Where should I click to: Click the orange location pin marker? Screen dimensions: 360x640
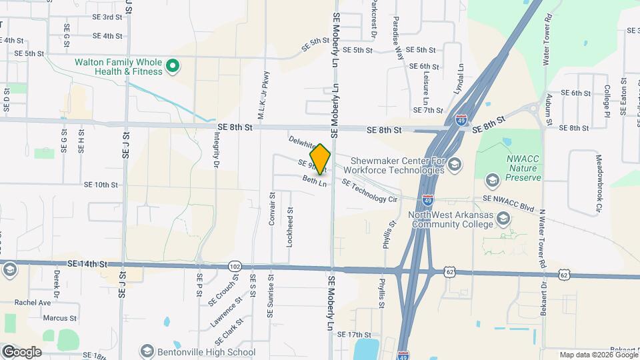(x=320, y=159)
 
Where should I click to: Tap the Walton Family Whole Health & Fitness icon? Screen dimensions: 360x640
(x=172, y=66)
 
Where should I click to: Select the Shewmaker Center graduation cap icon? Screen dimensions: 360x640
(x=455, y=165)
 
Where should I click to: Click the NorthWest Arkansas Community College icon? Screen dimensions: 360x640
(x=504, y=219)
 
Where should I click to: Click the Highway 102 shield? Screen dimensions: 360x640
(x=233, y=266)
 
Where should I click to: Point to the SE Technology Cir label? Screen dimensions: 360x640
(x=369, y=191)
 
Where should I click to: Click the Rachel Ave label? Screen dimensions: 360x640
(x=33, y=302)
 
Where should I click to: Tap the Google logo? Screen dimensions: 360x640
(x=21, y=351)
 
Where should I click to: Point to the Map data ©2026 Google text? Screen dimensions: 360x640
(x=598, y=355)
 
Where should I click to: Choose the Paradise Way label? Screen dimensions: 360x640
(x=398, y=39)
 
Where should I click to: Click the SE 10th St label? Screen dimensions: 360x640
(x=101, y=185)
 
